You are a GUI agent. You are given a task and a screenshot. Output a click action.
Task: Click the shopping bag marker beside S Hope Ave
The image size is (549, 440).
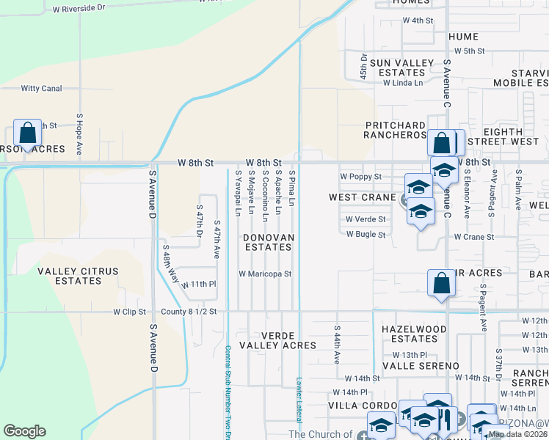click(27, 134)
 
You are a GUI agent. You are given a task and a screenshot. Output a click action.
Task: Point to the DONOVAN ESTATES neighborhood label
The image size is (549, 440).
click(269, 242)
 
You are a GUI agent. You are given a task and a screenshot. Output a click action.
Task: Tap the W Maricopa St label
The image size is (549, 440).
click(265, 274)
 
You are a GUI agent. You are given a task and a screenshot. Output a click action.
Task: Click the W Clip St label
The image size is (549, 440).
click(130, 312)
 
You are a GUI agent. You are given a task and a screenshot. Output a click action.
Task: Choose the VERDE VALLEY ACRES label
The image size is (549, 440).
click(282, 340)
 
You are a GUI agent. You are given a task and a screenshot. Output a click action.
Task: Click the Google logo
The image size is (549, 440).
click(24, 431)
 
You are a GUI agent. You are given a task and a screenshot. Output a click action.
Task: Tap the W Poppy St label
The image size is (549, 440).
click(360, 177)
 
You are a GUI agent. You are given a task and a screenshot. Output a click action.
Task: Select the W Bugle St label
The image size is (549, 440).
click(366, 235)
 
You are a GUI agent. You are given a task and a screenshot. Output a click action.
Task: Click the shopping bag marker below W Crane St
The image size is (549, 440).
click(440, 283)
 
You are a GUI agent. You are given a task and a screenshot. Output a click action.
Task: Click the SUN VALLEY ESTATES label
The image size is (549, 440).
click(401, 67)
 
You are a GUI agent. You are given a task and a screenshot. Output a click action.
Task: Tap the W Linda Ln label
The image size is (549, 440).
click(403, 83)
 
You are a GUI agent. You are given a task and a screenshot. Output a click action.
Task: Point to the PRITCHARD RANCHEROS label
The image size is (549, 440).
click(396, 131)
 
